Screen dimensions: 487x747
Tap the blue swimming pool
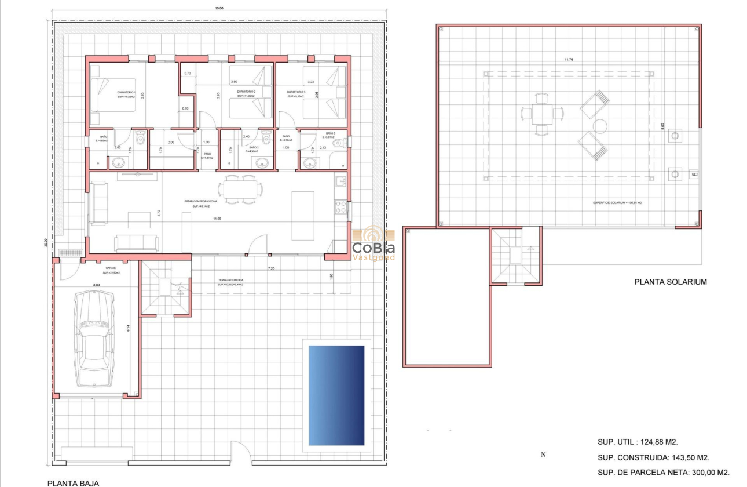pos(336,395)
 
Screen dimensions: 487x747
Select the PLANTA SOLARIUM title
pos(671,282)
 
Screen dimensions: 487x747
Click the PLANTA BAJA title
pos(73,482)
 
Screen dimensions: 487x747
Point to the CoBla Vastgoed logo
pos(373,243)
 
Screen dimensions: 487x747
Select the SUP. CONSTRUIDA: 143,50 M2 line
pos(654,457)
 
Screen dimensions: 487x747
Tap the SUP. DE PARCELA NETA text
pos(663,473)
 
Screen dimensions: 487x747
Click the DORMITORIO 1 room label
pos(126,93)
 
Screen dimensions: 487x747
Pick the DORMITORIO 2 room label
pos(246,92)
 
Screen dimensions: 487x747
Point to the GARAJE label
pos(111,268)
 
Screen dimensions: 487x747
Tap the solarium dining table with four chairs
pos(543,113)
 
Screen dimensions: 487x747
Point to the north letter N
pos(543,455)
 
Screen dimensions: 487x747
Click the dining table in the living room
pos(239,190)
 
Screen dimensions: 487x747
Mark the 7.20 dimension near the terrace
pos(271,269)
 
